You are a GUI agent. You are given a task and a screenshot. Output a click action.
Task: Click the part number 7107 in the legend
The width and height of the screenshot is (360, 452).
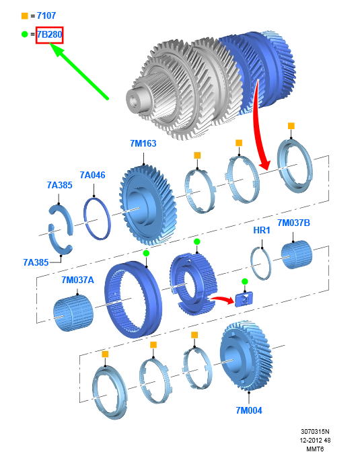tap(46, 15)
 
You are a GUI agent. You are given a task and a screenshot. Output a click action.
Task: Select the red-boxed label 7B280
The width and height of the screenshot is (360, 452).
tap(49, 35)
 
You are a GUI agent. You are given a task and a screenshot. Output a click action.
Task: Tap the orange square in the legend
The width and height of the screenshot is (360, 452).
tap(25, 16)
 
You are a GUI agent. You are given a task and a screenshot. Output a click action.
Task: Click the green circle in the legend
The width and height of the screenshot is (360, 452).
tap(25, 34)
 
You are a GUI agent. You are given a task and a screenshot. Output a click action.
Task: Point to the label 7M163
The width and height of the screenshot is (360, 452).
tap(143, 143)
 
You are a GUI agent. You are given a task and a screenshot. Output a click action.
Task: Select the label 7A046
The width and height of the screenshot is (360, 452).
tap(92, 175)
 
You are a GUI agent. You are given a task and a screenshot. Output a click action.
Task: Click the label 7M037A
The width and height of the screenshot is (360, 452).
tap(77, 280)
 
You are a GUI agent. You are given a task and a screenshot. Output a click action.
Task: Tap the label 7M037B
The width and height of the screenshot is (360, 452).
tap(293, 223)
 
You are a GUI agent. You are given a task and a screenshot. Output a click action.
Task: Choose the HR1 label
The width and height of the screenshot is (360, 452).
tap(262, 230)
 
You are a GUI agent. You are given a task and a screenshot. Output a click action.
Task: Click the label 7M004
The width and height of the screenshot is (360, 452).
tap(249, 410)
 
